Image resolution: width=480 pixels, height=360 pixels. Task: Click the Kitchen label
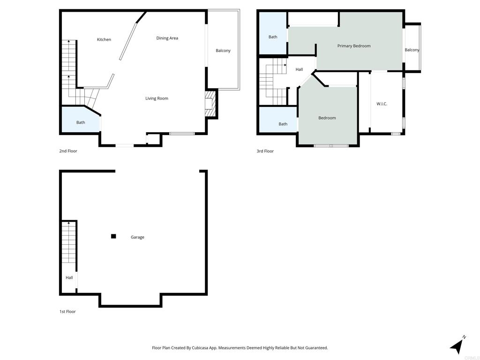coord(104,39)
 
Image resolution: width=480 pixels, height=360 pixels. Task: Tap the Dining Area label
coord(167,38)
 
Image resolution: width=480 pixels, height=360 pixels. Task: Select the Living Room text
coord(157,98)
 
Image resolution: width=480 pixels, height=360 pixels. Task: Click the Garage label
coord(137,237)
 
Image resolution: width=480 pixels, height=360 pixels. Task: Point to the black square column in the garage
coord(113,236)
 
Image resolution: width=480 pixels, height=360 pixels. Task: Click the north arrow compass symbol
coord(457,345)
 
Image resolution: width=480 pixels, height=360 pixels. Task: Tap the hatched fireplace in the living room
coord(210,104)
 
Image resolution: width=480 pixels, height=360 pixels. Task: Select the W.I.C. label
coord(382,104)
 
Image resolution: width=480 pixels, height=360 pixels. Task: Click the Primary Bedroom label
coord(354,46)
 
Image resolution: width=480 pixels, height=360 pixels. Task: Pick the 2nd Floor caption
coord(68,151)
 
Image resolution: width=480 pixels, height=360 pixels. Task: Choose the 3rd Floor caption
coord(265,151)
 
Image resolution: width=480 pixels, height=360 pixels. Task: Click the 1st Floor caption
coord(67,312)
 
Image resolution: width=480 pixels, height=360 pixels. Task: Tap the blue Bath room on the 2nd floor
coord(81,120)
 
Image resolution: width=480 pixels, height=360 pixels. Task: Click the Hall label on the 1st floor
coord(69,277)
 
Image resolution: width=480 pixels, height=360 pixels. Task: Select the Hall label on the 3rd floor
coord(299,69)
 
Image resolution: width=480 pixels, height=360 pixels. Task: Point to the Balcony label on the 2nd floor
coord(223,51)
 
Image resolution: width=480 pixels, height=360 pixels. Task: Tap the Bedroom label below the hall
coord(327,118)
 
